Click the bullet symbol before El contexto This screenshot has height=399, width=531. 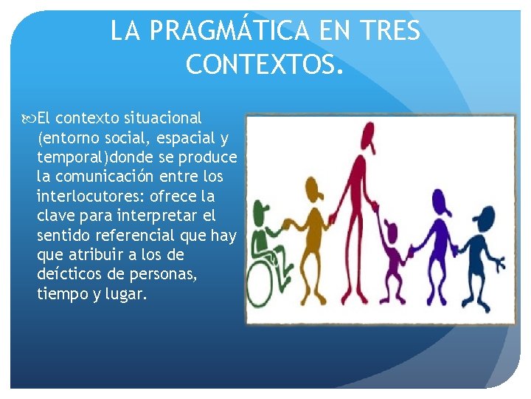tap(30, 118)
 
